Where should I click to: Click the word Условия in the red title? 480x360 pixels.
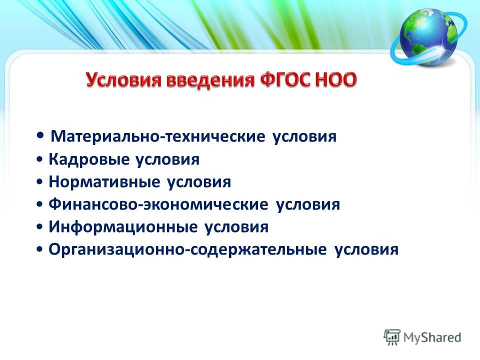(x=123, y=80)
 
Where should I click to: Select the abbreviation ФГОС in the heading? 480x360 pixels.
(x=285, y=80)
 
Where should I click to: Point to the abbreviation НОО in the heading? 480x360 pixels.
(x=335, y=80)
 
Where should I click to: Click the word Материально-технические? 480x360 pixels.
(x=157, y=136)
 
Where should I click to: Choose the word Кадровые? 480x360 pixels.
(x=89, y=159)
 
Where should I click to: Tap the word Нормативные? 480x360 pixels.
(x=104, y=182)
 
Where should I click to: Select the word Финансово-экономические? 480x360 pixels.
(x=158, y=204)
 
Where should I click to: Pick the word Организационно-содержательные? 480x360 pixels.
(x=187, y=249)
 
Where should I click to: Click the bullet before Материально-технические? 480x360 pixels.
(x=40, y=135)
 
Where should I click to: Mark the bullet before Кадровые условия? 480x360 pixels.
(x=39, y=159)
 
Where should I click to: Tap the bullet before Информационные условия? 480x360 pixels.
(x=39, y=227)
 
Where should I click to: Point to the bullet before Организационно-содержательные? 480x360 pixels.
(x=39, y=249)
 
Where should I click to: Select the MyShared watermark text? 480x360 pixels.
(x=432, y=337)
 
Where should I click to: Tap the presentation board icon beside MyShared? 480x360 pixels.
(x=392, y=337)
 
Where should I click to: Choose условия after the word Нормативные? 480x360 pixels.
(x=199, y=182)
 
